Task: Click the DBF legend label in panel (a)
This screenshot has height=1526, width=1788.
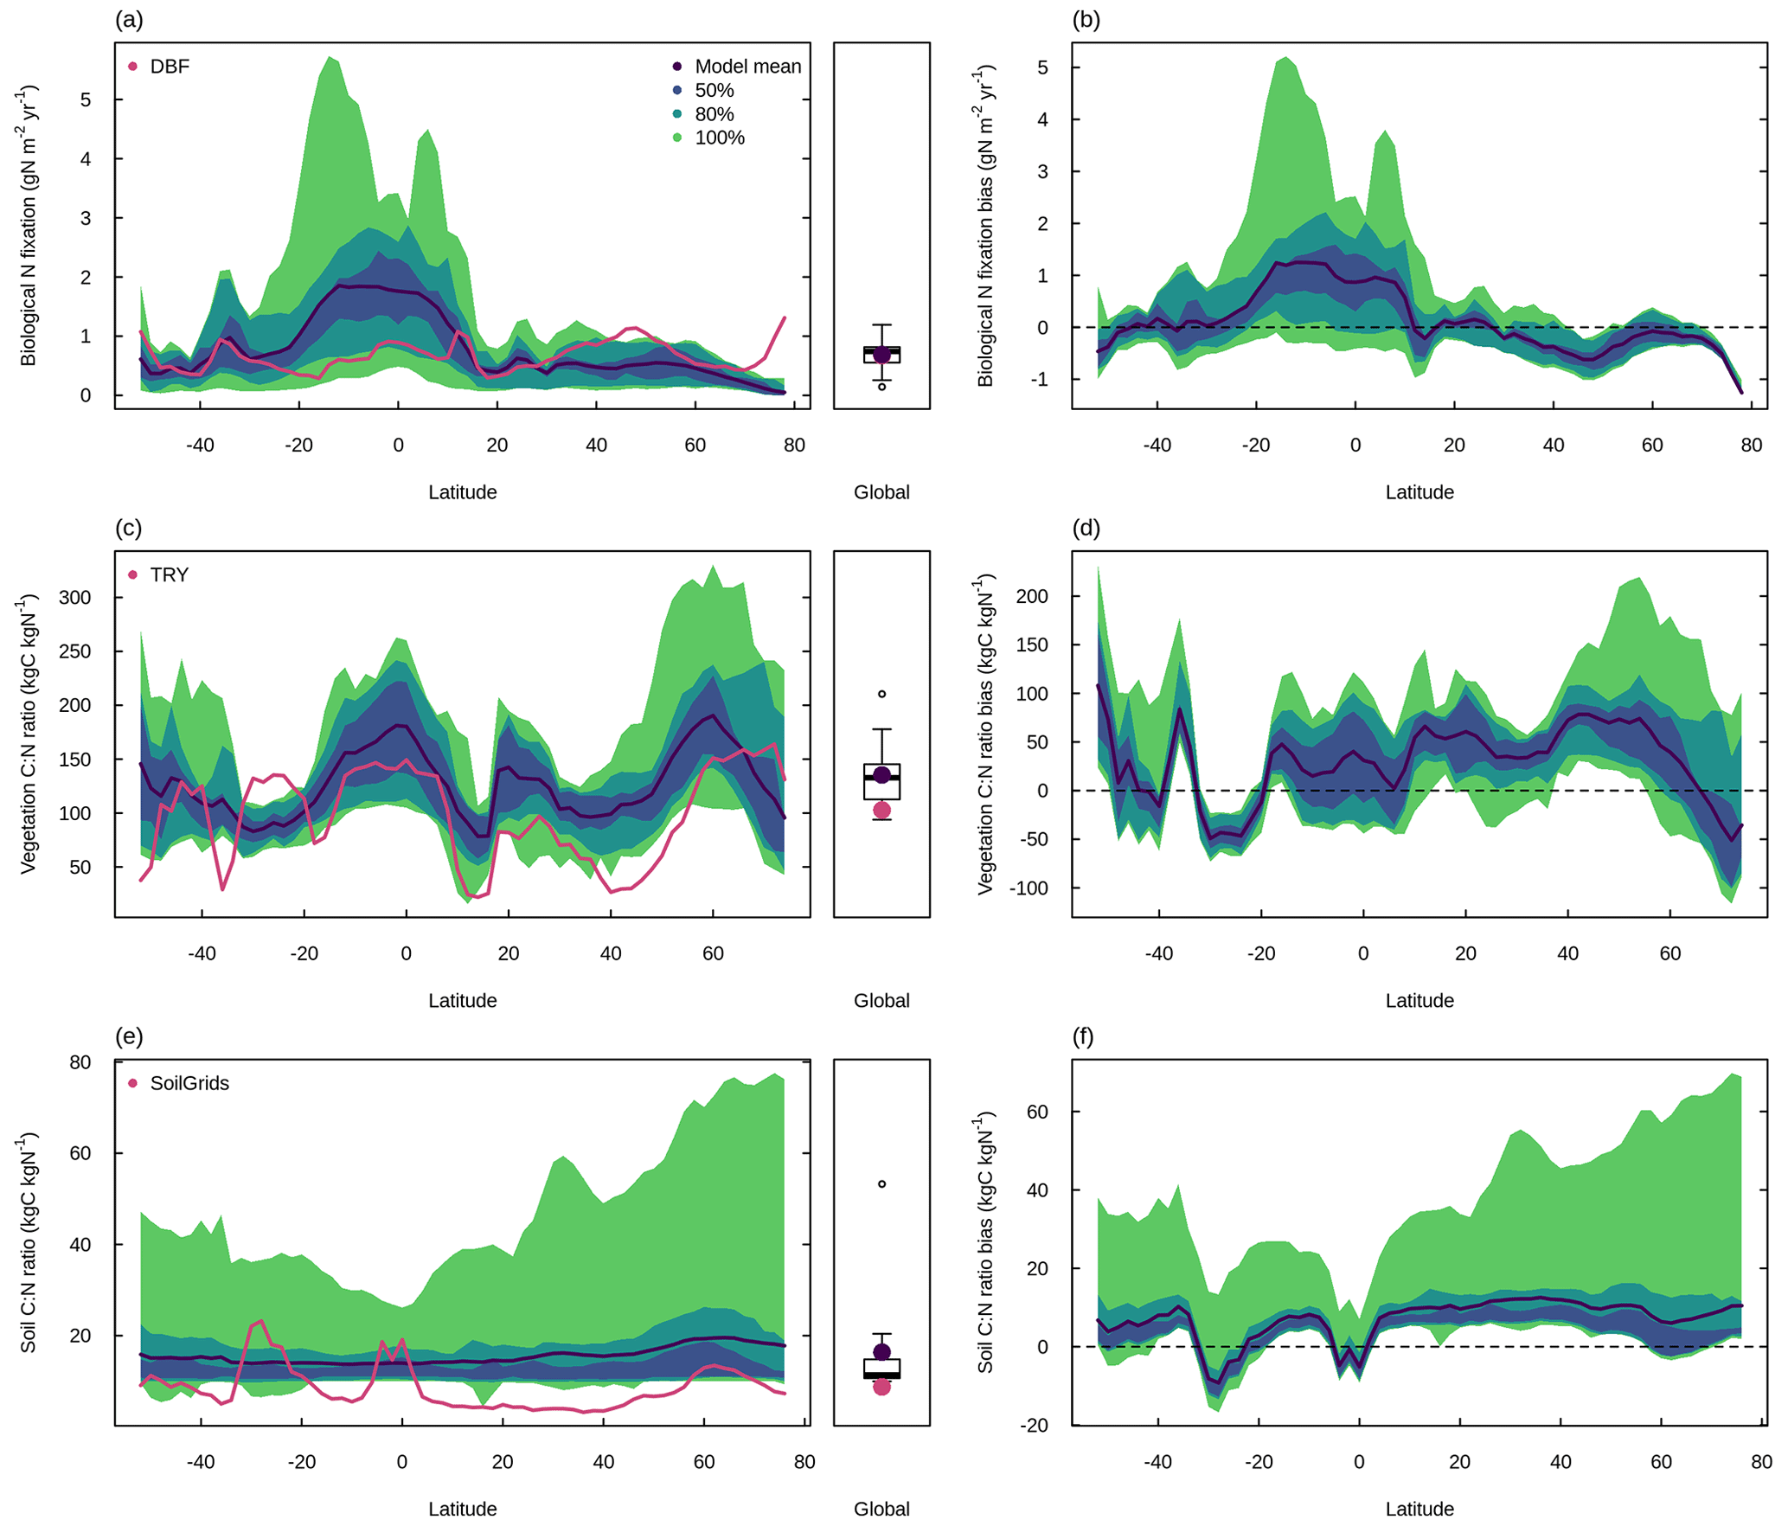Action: (169, 67)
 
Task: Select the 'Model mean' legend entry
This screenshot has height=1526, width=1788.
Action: (747, 67)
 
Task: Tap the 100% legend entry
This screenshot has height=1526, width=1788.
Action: (719, 138)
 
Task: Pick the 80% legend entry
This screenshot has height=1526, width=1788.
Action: (714, 114)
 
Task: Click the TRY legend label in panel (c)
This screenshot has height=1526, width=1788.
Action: (169, 575)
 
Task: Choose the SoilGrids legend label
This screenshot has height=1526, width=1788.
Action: (189, 1083)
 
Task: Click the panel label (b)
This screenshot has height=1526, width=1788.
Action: (1086, 20)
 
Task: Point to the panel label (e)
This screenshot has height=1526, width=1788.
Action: (129, 1036)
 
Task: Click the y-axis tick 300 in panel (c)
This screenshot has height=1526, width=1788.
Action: (74, 598)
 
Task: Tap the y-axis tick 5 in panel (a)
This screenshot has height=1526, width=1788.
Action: (86, 99)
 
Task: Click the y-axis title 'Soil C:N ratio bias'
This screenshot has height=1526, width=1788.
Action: (985, 1242)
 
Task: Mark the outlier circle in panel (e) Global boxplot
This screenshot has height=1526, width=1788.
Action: (881, 1183)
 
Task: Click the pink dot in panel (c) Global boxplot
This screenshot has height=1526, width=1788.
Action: (881, 810)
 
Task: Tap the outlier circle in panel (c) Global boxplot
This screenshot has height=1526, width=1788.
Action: (881, 694)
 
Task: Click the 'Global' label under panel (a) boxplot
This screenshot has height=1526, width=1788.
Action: (881, 492)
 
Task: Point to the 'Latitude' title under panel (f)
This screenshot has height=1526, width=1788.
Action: (1420, 1509)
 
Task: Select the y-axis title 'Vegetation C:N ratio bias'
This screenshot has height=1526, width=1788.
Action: (985, 734)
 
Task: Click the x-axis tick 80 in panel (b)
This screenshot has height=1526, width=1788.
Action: (1751, 446)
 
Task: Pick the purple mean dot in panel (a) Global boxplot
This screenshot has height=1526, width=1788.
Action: (881, 355)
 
